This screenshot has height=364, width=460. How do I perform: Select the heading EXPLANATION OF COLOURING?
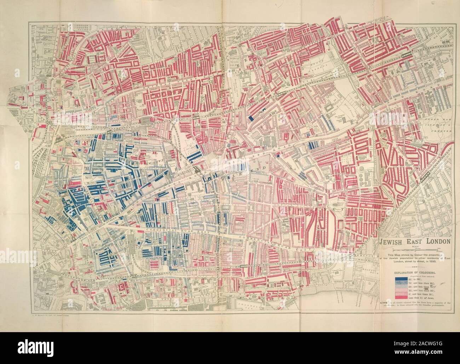414,273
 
